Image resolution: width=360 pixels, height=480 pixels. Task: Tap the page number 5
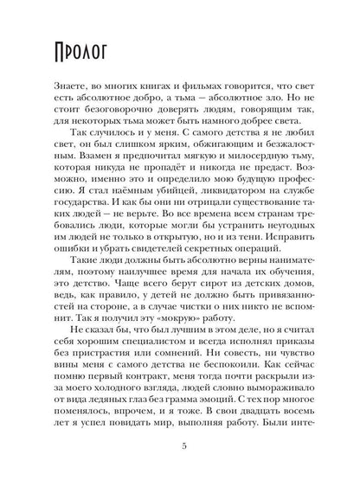[180, 446]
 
